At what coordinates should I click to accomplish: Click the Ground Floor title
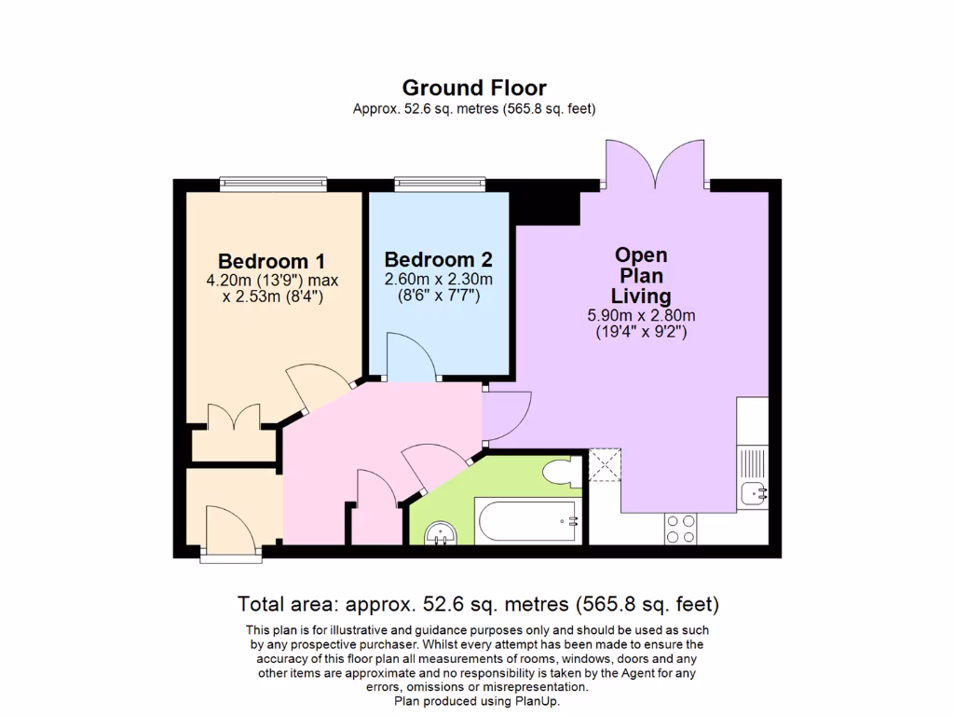(474, 88)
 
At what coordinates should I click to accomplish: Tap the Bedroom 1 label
(271, 261)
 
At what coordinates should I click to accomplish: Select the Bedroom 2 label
(438, 259)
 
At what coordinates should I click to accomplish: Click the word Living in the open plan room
(641, 296)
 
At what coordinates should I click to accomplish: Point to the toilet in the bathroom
(562, 473)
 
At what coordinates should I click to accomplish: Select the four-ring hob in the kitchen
(679, 529)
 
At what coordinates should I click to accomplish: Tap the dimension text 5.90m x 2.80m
(641, 315)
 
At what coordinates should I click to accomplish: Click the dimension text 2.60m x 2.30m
(438, 279)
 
